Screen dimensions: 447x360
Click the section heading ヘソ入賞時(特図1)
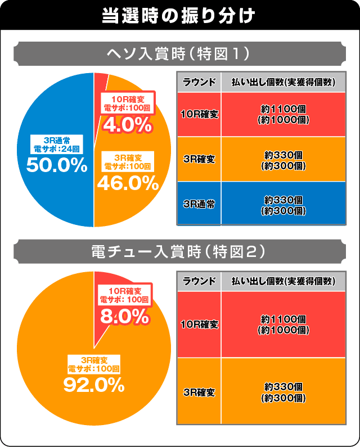pyautogui.click(x=179, y=54)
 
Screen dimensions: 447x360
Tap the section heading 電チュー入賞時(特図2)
pyautogui.click(x=179, y=252)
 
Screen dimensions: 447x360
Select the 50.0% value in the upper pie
pyautogui.click(x=56, y=165)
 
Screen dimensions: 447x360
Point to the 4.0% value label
pyautogui.click(x=127, y=124)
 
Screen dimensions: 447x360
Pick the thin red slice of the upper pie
pyautogui.click(x=100, y=84)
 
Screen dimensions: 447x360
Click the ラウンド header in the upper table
pyautogui.click(x=199, y=82)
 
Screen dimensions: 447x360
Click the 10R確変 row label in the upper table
pyautogui.click(x=199, y=114)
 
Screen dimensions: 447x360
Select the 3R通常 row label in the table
pyautogui.click(x=199, y=204)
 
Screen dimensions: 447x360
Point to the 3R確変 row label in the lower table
pyautogui.click(x=199, y=391)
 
